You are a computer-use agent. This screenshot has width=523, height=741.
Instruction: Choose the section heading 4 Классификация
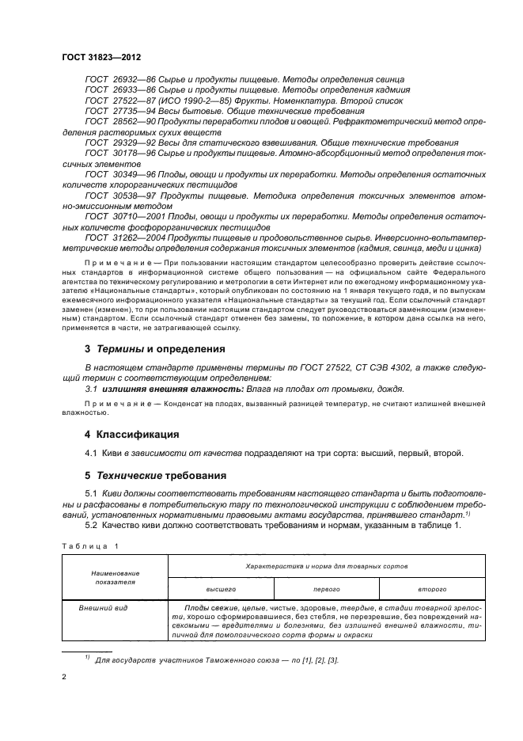[132, 434]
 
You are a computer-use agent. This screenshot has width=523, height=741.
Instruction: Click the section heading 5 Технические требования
[156, 476]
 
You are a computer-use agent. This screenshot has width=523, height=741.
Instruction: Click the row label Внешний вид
[100, 608]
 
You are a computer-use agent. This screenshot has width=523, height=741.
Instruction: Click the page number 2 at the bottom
[63, 678]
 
